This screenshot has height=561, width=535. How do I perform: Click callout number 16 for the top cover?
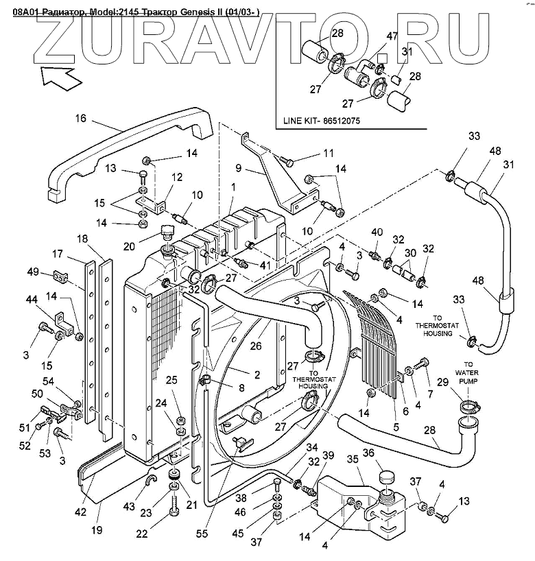(x=80, y=118)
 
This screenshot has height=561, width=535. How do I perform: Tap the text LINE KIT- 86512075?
(x=322, y=121)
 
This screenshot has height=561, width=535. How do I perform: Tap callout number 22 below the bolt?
(x=142, y=534)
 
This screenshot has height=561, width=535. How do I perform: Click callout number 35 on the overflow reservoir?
(x=353, y=459)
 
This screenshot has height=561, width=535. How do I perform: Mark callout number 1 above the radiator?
(x=233, y=187)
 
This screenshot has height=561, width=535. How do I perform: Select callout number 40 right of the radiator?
(x=376, y=232)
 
